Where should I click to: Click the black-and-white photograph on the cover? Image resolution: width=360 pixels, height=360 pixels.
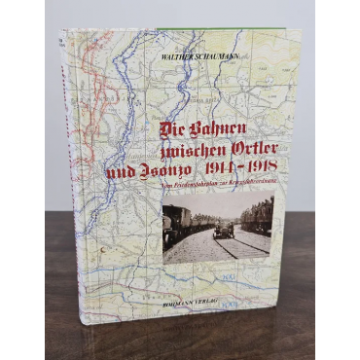click(217, 231)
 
